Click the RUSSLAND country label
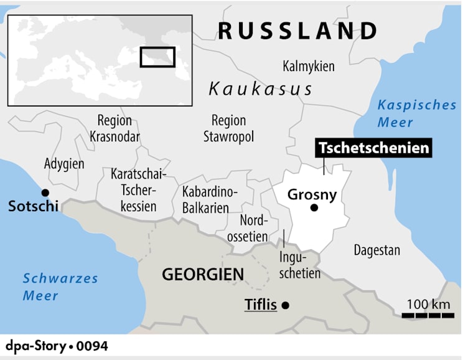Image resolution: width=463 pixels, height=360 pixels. tap(298, 31)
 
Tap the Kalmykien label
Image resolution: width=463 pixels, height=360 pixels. tap(309, 66)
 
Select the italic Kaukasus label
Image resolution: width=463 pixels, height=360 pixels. tap(260, 89)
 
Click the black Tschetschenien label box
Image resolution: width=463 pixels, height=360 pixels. tap(373, 148)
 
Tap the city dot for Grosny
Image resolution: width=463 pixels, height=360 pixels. tap(314, 208)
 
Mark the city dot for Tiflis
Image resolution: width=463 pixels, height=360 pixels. tap(286, 305)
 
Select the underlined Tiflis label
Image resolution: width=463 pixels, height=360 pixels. tap(260, 306)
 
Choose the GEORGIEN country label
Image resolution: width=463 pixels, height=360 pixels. tap(203, 273)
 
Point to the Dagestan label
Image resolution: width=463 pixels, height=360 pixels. tap(377, 250)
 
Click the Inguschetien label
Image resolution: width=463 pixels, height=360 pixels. tap(301, 264)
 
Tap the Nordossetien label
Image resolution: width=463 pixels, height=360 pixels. tap(254, 228)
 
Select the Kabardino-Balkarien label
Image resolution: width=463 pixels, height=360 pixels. tap(205, 200)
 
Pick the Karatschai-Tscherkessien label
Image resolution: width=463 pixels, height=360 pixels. tap(134, 189)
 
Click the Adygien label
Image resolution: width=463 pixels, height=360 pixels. tap(64, 164)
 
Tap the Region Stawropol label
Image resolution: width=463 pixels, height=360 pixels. tap(228, 128)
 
